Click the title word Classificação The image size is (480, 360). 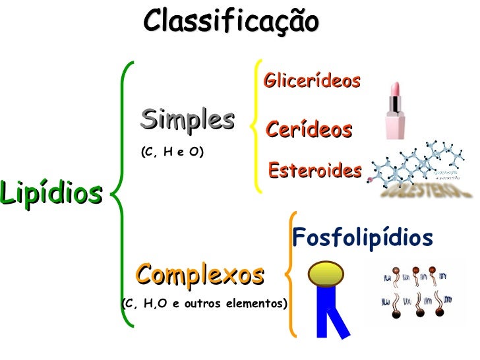click(231, 21)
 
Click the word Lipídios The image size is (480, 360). click(51, 193)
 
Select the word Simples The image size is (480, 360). click(187, 119)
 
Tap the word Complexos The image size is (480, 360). click(200, 274)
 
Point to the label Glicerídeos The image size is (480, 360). click(312, 80)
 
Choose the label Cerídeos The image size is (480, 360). click(309, 129)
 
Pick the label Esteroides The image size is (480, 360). click(315, 171)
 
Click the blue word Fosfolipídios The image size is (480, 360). click(363, 237)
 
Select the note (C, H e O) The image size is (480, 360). click(172, 152)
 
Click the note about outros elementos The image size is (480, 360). click(204, 304)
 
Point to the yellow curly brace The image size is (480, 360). click(256, 125)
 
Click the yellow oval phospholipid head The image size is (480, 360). click(327, 274)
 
